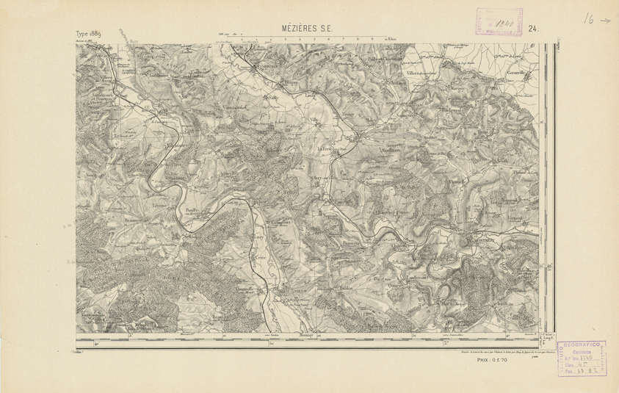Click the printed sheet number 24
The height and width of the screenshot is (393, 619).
(533, 29)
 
